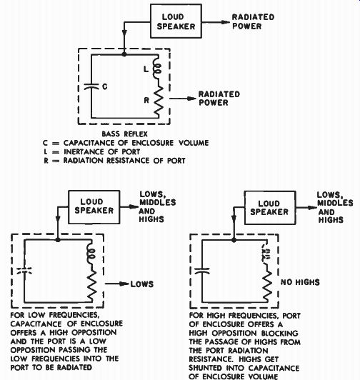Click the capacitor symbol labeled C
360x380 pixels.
[91, 86]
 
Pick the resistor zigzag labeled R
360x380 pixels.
[158, 100]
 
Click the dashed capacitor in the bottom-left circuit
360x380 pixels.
[24, 271]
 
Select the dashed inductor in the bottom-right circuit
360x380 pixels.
[265, 253]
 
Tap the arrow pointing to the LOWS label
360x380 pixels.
[117, 284]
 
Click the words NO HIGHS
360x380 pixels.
[300, 282]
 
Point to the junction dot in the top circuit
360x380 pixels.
[124, 54]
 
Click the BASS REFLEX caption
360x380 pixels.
[124, 134]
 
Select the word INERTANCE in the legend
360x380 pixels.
[84, 151]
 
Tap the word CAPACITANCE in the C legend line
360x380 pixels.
[89, 143]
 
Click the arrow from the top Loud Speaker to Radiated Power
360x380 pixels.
[216, 22]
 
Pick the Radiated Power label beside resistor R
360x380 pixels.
[219, 99]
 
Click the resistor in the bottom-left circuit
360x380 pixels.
[91, 286]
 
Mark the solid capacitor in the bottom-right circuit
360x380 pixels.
[202, 271]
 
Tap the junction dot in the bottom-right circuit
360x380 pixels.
[234, 240]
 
